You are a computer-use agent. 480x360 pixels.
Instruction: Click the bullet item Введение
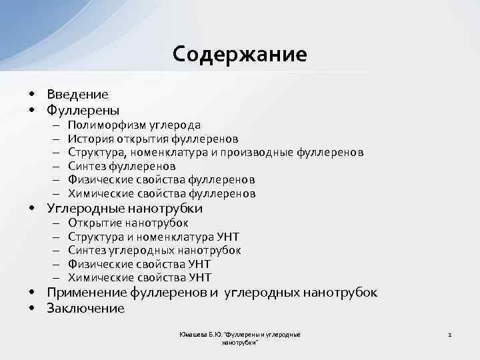click(x=77, y=95)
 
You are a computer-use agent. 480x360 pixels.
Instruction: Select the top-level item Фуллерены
click(x=83, y=109)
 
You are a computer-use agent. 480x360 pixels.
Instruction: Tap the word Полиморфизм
click(x=102, y=125)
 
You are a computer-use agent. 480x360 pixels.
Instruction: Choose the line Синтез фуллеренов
click(x=122, y=166)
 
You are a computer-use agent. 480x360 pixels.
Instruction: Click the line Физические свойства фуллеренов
click(x=161, y=180)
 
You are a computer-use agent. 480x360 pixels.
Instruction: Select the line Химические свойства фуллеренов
click(x=161, y=193)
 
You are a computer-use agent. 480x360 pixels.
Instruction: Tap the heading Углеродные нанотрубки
click(x=125, y=209)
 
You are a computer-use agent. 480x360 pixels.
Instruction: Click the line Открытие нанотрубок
click(x=128, y=223)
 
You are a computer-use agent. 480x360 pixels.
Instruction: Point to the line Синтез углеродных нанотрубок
click(x=155, y=250)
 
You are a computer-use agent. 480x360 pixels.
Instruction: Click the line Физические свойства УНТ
click(x=139, y=264)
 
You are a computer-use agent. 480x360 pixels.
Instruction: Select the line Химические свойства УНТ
click(x=139, y=277)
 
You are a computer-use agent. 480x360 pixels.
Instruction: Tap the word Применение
click(x=87, y=293)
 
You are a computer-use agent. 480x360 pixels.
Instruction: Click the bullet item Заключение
click(x=85, y=308)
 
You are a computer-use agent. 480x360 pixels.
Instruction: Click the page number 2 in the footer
click(x=450, y=334)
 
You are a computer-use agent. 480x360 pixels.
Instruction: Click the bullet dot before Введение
click(x=32, y=95)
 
